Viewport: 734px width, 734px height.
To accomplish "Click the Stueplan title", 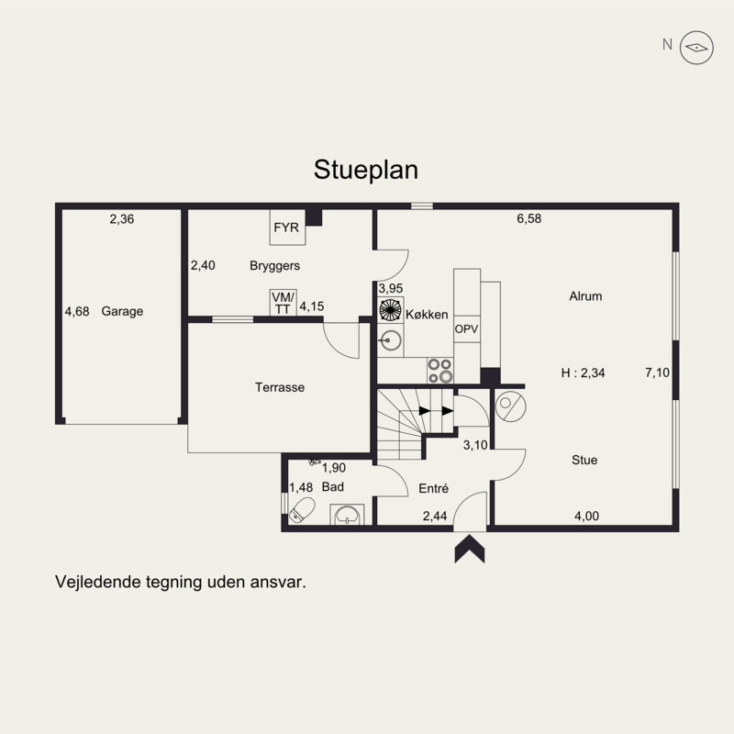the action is (365, 170).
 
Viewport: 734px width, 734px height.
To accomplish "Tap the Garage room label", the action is (122, 311).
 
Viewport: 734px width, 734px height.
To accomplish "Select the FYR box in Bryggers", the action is (287, 228).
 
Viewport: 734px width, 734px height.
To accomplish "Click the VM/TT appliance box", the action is (284, 303).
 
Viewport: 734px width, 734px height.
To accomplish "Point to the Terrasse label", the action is (280, 387).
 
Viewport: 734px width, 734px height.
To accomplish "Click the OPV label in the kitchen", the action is (466, 328).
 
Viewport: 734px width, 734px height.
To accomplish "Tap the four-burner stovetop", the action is (440, 371).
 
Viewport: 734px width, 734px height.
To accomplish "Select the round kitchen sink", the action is (390, 340).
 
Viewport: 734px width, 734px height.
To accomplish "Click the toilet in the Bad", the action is (302, 510).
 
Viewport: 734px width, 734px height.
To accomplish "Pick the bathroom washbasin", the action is (347, 514).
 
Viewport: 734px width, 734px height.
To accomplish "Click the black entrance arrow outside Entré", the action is (470, 549).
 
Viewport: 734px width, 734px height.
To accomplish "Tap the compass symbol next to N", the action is (696, 48).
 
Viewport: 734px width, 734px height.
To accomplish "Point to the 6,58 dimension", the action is (529, 218).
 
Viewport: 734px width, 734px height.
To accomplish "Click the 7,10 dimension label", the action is (657, 373).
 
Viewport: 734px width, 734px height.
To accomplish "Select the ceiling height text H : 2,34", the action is (583, 373).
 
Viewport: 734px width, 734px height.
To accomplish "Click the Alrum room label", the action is (585, 296).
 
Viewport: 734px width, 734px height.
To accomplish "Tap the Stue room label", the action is (584, 460).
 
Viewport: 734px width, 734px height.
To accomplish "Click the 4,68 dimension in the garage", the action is (77, 311).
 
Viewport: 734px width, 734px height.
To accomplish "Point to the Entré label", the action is (433, 488).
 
